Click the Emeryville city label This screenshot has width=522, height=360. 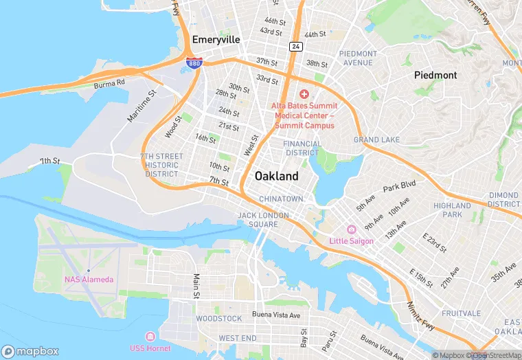(x=216, y=40)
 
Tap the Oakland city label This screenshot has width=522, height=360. (x=277, y=177)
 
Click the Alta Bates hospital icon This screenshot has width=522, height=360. (x=304, y=93)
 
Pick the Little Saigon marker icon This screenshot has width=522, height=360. (x=351, y=229)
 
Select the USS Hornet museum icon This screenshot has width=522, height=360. (x=150, y=336)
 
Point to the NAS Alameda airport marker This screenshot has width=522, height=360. (x=88, y=270)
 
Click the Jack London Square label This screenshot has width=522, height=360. (x=258, y=219)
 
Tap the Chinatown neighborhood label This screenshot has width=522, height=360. (x=281, y=199)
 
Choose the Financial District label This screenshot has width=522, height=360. (x=302, y=148)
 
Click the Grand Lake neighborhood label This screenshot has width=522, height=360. (x=376, y=140)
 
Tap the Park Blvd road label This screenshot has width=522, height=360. (x=400, y=187)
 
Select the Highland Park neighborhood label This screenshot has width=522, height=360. (x=452, y=210)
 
